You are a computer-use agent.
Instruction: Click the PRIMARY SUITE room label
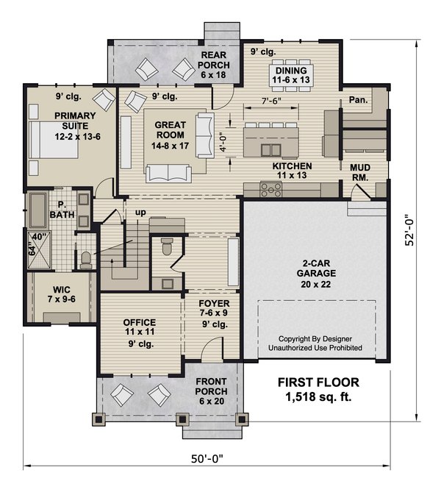click(x=76, y=126)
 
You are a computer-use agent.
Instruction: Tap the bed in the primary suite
click(x=53, y=140)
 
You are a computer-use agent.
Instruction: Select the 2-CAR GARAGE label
click(x=316, y=274)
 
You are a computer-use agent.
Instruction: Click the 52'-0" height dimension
click(x=409, y=230)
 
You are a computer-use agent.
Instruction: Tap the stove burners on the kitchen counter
click(x=270, y=189)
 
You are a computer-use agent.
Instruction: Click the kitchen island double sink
click(x=270, y=150)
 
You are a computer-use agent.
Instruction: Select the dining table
click(x=291, y=75)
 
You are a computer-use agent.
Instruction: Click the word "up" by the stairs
click(x=140, y=213)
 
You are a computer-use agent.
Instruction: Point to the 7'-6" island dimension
click(x=271, y=101)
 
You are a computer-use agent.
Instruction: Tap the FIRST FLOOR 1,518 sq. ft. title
click(x=318, y=390)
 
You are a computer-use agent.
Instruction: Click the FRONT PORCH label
click(x=211, y=391)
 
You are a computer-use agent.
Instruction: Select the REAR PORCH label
click(x=213, y=65)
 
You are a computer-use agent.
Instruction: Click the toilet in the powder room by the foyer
click(x=167, y=246)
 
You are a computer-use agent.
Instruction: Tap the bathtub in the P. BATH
click(x=38, y=210)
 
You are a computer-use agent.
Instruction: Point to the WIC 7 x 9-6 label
click(x=61, y=294)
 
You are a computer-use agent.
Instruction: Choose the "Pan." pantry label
click(x=359, y=100)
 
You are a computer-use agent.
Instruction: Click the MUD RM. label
click(x=360, y=173)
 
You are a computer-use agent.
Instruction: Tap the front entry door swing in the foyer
click(x=212, y=349)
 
